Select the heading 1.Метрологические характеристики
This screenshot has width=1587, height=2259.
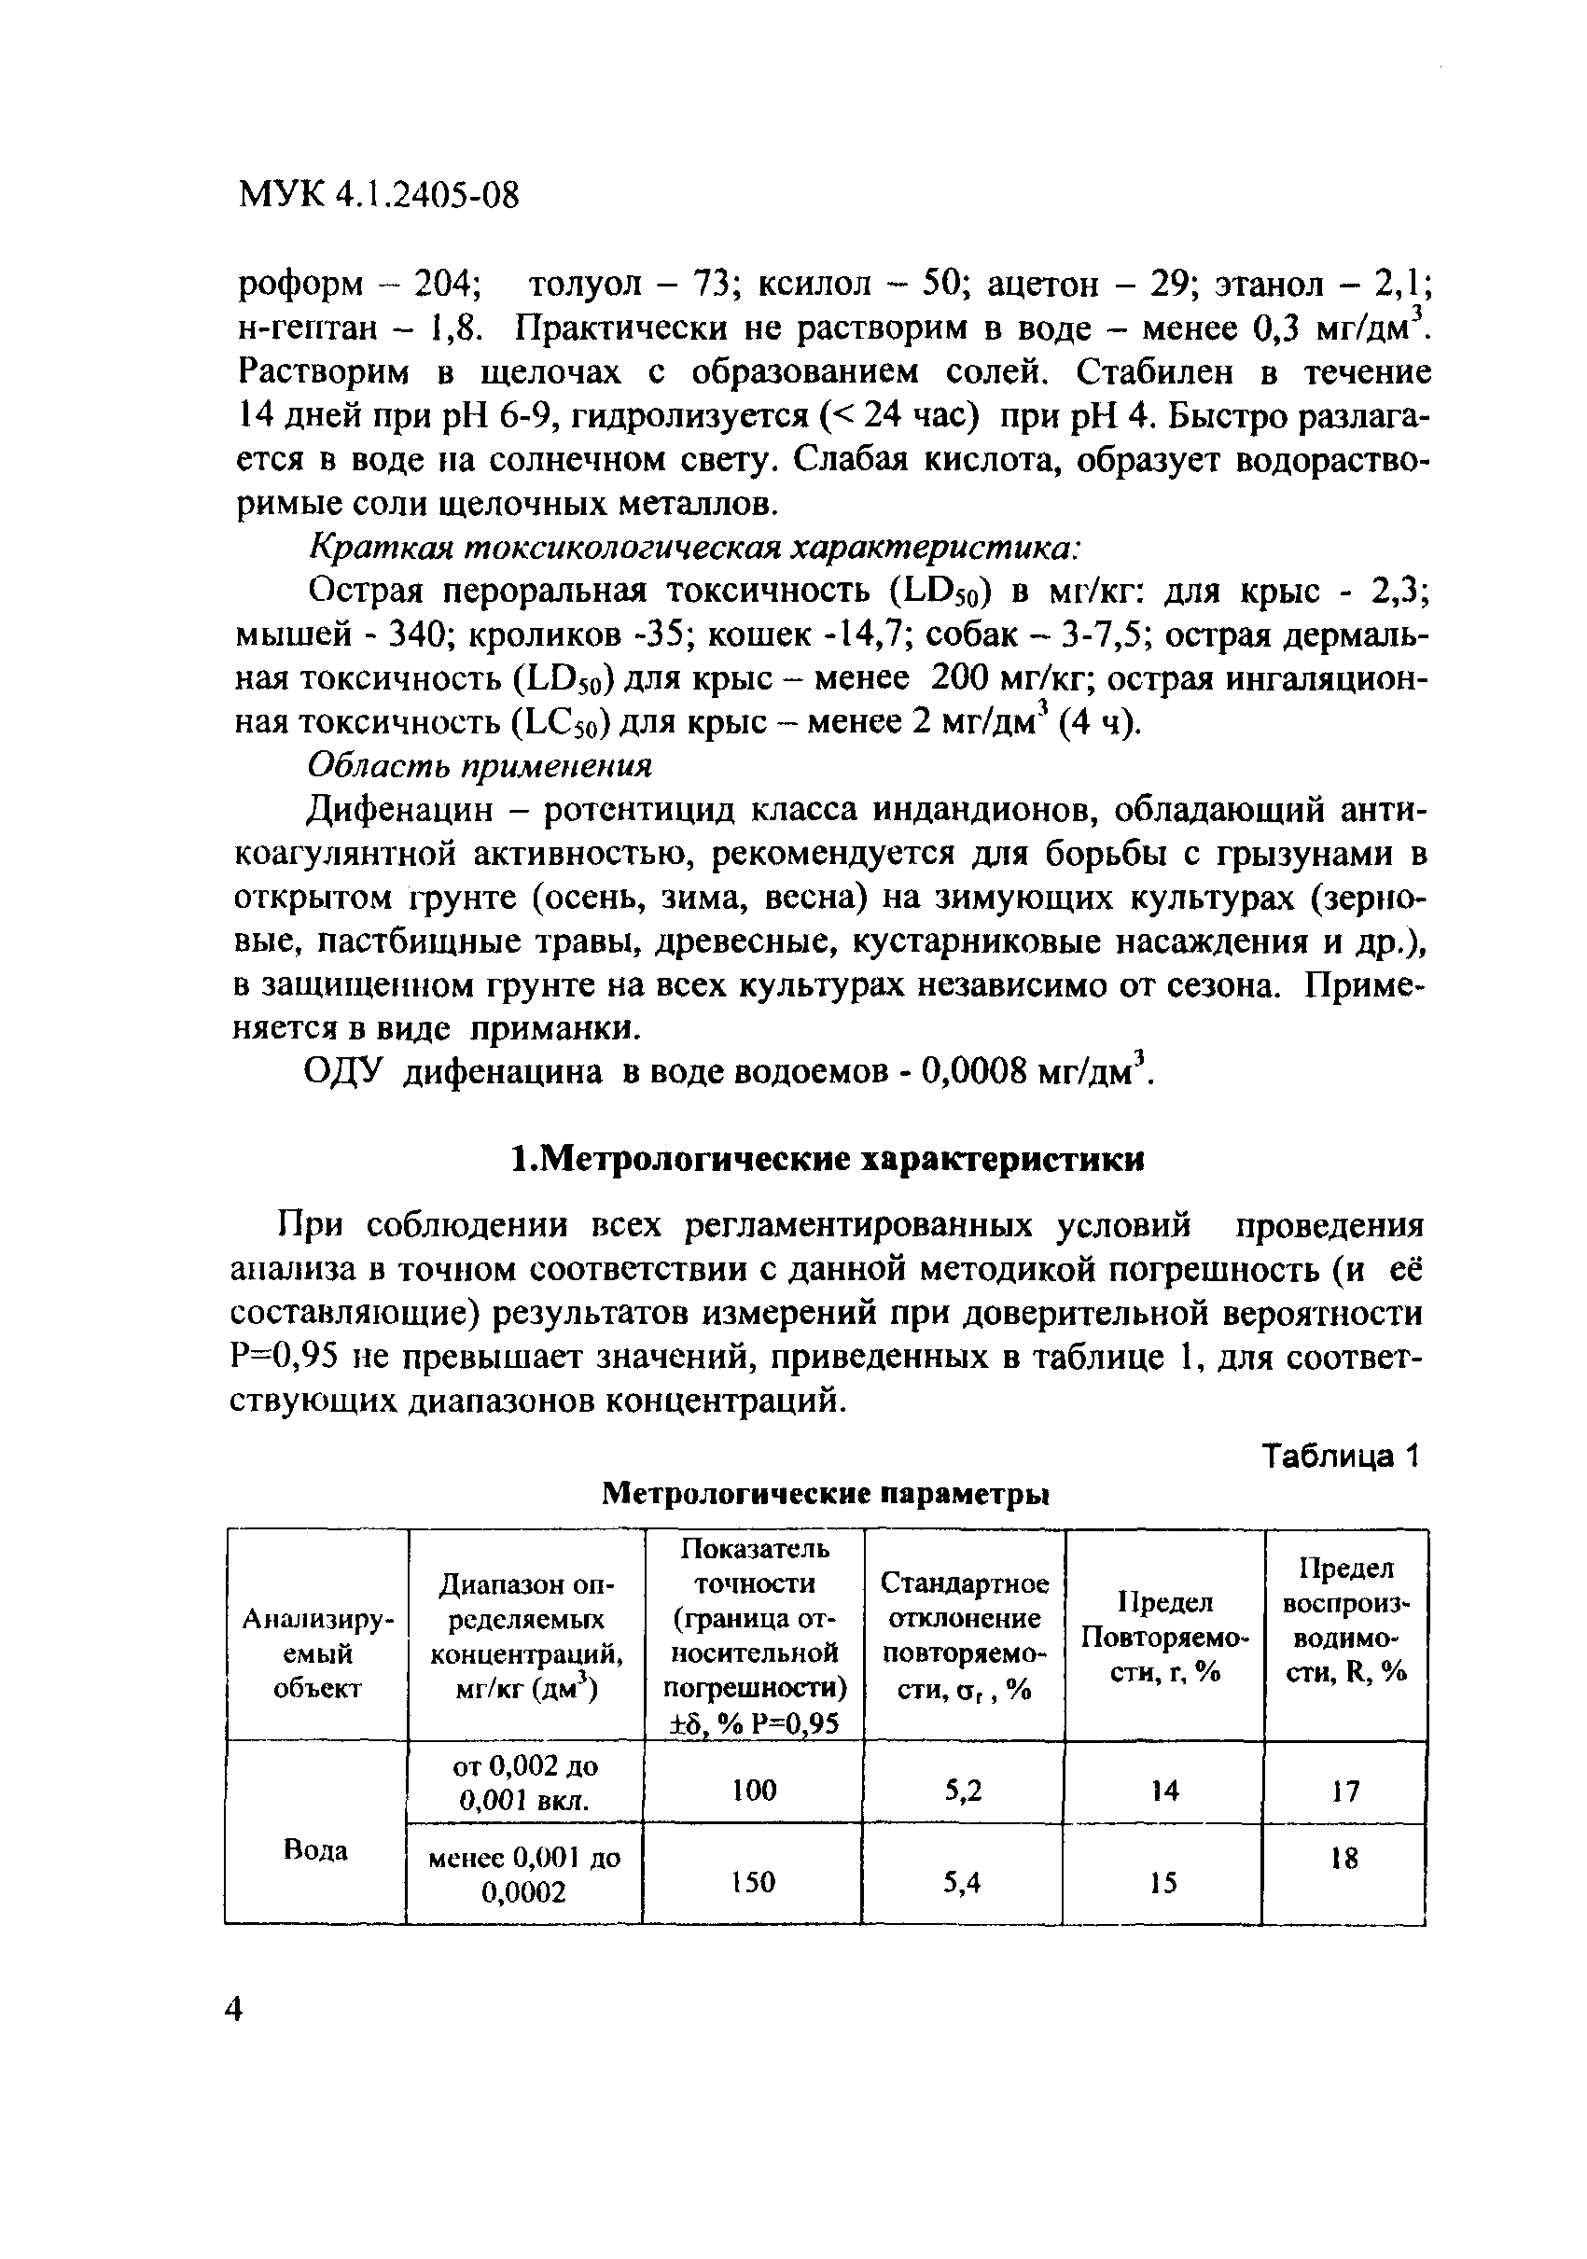[828, 1160]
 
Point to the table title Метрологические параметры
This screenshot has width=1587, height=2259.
[825, 1495]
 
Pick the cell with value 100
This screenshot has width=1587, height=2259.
[754, 1790]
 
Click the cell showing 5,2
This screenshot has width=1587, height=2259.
[963, 1790]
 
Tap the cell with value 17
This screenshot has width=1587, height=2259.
[1345, 1791]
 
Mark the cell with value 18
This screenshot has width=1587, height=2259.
[1344, 1859]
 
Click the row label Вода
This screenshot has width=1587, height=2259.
[316, 1850]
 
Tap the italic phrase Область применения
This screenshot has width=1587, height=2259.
[481, 764]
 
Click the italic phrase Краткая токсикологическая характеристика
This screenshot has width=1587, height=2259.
[697, 546]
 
